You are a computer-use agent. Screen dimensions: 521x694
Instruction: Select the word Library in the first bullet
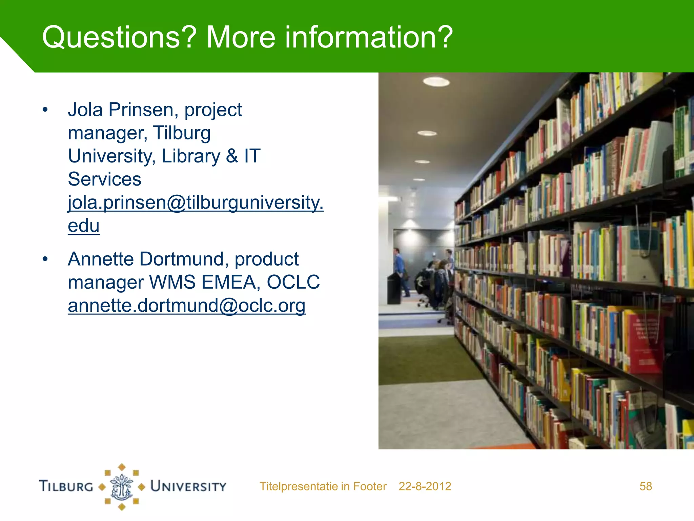191,156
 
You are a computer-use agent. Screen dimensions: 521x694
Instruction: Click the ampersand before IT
232,156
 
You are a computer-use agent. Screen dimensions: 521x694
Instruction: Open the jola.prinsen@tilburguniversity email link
196,203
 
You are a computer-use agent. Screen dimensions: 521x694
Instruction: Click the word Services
104,179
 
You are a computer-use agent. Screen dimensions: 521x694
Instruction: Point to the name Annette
101,259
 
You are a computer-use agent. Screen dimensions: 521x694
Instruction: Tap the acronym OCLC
293,282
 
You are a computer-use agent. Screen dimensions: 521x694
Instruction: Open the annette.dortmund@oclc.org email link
186,305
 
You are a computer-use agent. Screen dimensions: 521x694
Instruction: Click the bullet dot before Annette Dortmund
45,259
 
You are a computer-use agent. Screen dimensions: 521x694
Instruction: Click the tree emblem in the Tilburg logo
122,487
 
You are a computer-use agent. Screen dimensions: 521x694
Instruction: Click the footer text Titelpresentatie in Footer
323,486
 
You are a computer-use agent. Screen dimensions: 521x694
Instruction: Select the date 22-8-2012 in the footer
425,486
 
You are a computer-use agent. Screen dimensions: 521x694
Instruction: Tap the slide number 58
646,486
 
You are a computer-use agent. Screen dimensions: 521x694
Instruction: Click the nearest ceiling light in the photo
436,81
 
